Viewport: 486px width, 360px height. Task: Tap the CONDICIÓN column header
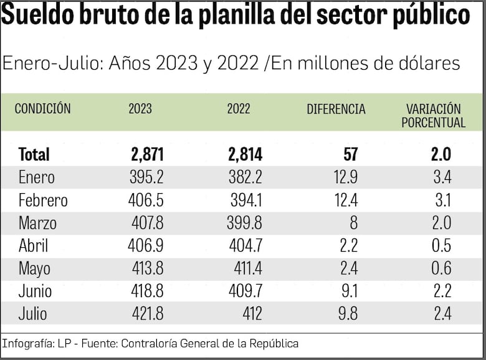(42, 109)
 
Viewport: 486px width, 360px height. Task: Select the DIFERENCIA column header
(336, 109)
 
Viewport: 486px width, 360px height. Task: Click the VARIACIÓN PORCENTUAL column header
(433, 116)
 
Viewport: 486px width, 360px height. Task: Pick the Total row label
(34, 154)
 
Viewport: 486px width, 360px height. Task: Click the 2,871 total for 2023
(147, 154)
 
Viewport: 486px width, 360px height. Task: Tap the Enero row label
(36, 178)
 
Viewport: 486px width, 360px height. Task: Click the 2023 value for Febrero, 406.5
(146, 201)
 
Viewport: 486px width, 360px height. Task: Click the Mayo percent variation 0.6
(441, 269)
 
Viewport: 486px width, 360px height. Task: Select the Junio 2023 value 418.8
(146, 291)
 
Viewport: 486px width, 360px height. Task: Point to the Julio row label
(32, 314)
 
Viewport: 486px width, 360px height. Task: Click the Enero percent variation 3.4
(441, 178)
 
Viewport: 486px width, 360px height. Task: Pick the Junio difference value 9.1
(346, 291)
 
